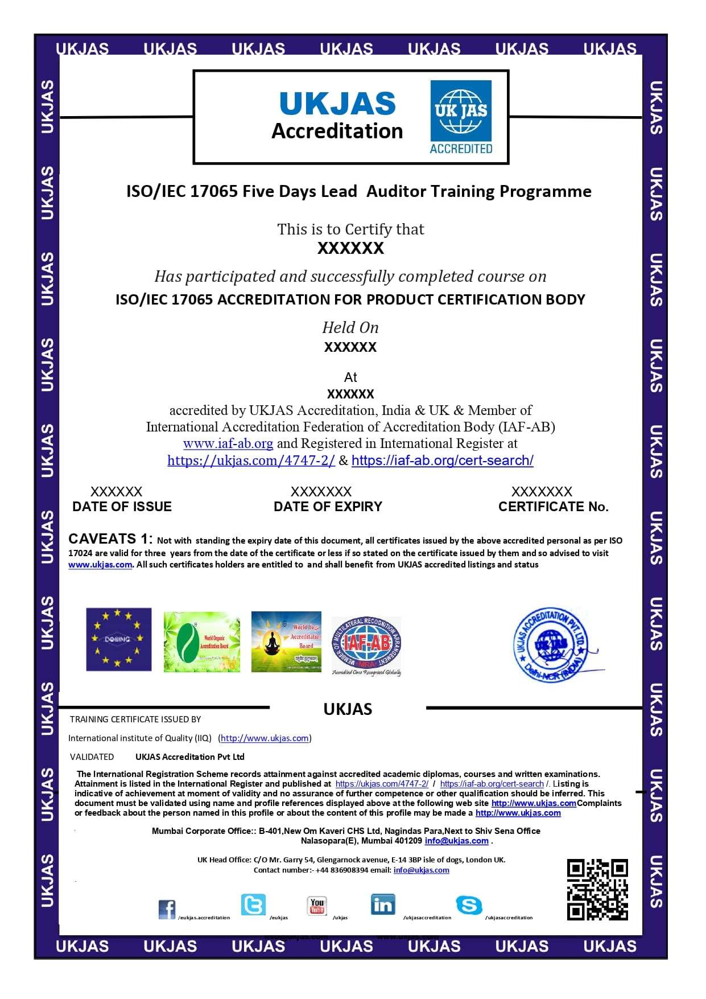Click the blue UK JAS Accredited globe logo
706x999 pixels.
pyautogui.click(x=461, y=117)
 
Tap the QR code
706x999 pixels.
pyautogui.click(x=597, y=889)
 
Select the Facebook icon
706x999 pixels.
pyautogui.click(x=167, y=909)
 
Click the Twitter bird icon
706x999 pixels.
pyautogui.click(x=253, y=904)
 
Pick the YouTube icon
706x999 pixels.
pyautogui.click(x=317, y=905)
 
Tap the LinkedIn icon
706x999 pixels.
pyautogui.click(x=382, y=904)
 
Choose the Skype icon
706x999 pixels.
pyautogui.click(x=469, y=905)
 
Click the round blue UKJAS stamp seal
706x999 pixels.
pyautogui.click(x=551, y=644)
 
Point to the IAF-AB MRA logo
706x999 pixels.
pyautogui.click(x=366, y=646)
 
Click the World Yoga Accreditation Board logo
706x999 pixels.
pyautogui.click(x=286, y=642)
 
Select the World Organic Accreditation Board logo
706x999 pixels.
pyautogui.click(x=202, y=642)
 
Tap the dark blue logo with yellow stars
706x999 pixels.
pyautogui.click(x=119, y=639)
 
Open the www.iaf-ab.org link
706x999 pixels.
pyautogui.click(x=228, y=443)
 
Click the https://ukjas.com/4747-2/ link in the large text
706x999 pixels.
pyautogui.click(x=251, y=461)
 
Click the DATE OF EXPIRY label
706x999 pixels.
pyautogui.click(x=328, y=507)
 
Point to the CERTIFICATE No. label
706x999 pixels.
pyautogui.click(x=553, y=507)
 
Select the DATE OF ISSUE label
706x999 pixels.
pyautogui.click(x=122, y=507)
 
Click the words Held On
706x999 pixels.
pyautogui.click(x=350, y=328)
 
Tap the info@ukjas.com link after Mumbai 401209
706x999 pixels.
pyautogui.click(x=456, y=841)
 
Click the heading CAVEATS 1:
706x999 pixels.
pyautogui.click(x=110, y=538)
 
